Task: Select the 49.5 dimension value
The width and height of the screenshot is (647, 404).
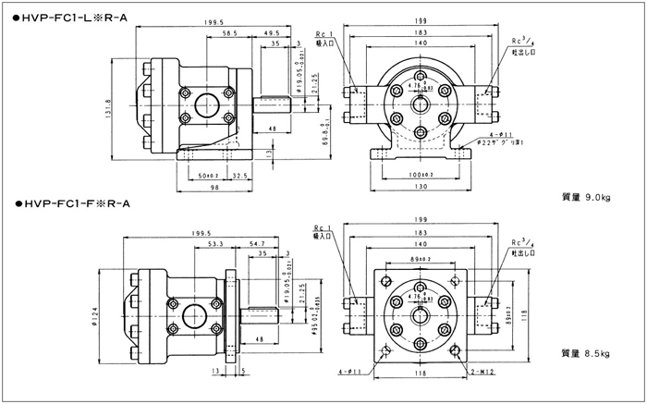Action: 273,31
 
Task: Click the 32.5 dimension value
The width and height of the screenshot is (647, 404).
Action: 239,174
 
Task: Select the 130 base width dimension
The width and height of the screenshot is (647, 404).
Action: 421,188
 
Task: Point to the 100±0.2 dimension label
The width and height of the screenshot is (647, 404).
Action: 421,174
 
